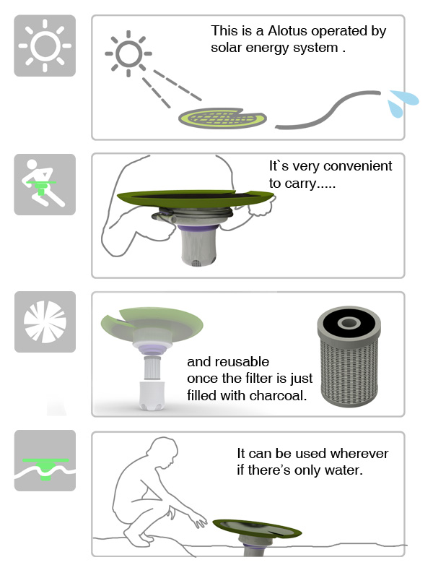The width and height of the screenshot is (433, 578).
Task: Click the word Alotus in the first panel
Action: click(287, 31)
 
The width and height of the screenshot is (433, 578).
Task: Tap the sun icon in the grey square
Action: click(45, 46)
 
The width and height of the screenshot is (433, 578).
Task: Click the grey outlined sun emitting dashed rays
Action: click(128, 53)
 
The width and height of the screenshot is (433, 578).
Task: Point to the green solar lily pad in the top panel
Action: click(222, 118)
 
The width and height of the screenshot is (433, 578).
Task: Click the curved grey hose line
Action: click(328, 110)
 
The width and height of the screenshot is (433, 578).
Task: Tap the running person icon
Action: click(43, 184)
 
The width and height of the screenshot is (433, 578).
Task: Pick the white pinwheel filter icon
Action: click(45, 322)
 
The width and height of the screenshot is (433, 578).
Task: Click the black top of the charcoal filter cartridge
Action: click(349, 323)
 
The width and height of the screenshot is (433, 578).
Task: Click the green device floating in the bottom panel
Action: click(258, 532)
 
